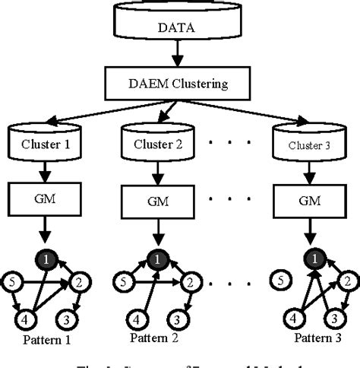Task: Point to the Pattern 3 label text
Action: [x=311, y=337]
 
